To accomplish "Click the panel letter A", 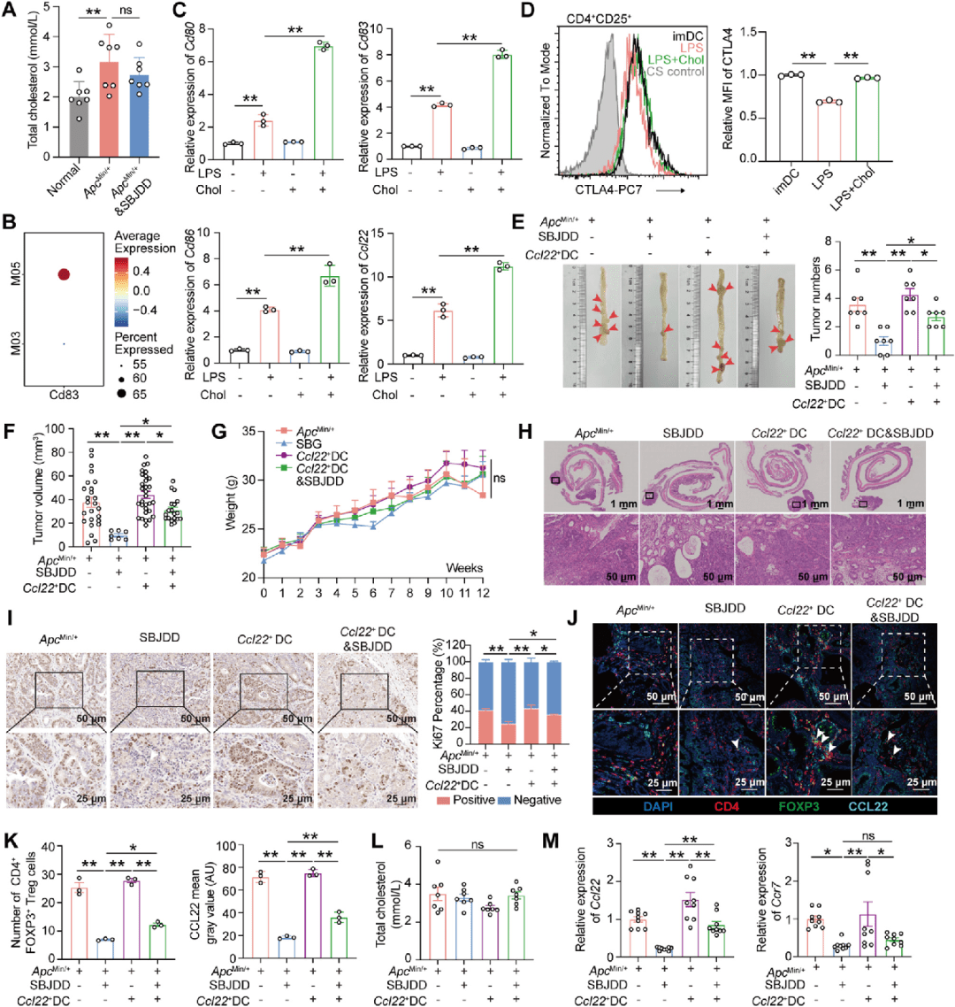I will (11, 10).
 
